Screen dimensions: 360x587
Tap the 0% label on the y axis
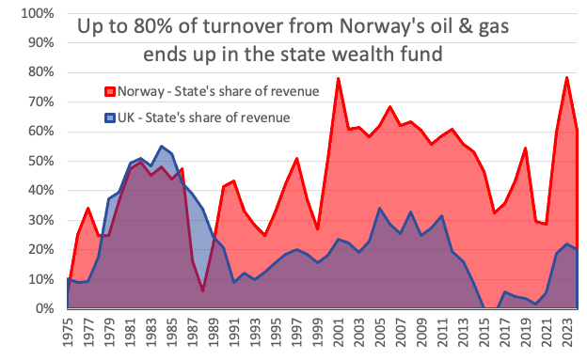[x=45, y=309]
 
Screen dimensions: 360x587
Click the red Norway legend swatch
[x=109, y=91]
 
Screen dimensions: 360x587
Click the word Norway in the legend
[x=142, y=91]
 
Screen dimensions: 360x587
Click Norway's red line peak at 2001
[x=338, y=79]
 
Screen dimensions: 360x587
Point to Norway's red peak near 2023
[x=567, y=77]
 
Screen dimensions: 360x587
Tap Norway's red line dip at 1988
[x=203, y=290]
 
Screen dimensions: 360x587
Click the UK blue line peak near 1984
[x=162, y=147]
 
